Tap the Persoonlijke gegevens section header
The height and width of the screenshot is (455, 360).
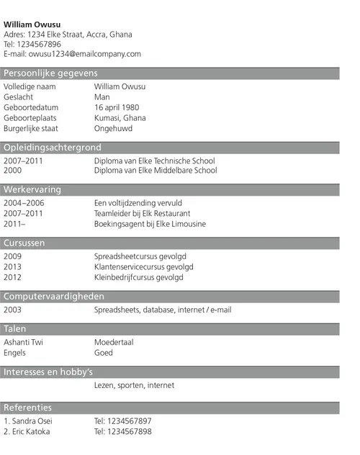[50, 73]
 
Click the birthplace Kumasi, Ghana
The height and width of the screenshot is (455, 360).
[120, 118]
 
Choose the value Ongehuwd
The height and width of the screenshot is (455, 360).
[115, 128]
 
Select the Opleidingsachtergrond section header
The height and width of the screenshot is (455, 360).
[53, 148]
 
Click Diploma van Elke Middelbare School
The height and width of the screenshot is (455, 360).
[156, 171]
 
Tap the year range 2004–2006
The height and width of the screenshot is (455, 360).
[24, 203]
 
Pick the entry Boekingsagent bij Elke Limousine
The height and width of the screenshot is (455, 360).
[150, 224]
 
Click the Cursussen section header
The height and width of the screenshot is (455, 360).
[24, 243]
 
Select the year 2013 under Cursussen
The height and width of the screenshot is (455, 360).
[13, 266]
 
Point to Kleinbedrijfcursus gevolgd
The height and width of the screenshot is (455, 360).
[139, 277]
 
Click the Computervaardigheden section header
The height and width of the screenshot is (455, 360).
[54, 296]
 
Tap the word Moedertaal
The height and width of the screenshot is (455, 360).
[114, 342]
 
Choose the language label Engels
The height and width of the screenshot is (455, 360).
[15, 353]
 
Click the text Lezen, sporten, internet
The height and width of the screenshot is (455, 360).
[134, 385]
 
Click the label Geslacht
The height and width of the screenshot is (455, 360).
[19, 97]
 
